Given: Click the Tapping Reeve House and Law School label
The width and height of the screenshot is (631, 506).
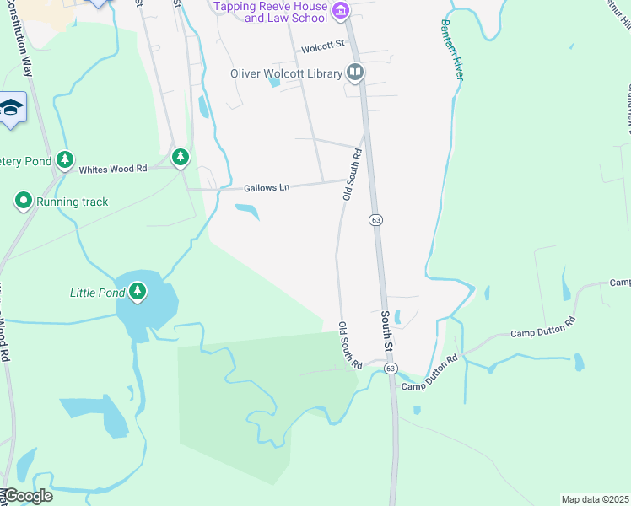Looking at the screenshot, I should click(x=271, y=12).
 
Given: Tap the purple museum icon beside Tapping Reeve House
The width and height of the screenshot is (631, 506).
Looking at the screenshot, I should click(x=340, y=11).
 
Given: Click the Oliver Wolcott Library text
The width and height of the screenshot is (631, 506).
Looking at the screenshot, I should click(x=286, y=73).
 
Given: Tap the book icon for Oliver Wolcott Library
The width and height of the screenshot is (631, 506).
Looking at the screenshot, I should click(x=355, y=73).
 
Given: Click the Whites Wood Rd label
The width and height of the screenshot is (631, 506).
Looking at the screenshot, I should click(x=113, y=169).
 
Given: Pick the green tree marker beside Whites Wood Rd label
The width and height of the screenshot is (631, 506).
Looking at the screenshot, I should click(x=180, y=157).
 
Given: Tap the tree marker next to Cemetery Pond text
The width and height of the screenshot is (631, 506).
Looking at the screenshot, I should click(x=65, y=159).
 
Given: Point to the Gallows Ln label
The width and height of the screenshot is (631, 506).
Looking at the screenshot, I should click(x=267, y=187).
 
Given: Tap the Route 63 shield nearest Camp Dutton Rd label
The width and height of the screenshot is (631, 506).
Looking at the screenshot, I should click(x=390, y=369).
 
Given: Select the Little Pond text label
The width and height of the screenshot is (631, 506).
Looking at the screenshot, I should click(x=96, y=293).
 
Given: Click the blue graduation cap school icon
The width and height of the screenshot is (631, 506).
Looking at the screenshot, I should click(x=11, y=107).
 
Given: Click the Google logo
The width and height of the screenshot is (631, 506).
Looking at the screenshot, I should click(x=27, y=496).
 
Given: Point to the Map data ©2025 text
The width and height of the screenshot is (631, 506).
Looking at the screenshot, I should click(x=595, y=499).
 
